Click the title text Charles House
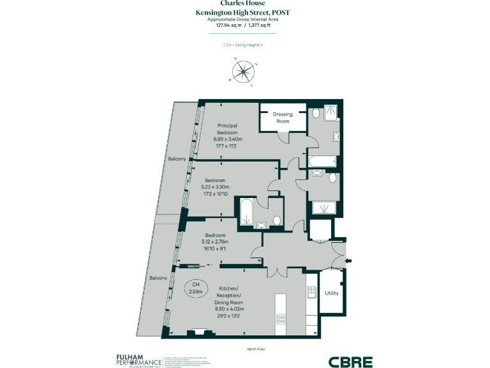tap(244, 3)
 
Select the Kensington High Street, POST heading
tap(244, 12)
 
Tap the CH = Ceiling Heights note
tap(244, 45)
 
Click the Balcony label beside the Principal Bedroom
tap(177, 158)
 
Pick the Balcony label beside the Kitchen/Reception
tap(158, 278)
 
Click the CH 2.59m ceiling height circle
tap(197, 287)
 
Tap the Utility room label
tap(332, 293)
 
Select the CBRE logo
tap(350, 362)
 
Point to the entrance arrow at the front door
tap(347, 260)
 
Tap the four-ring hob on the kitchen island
tap(281, 319)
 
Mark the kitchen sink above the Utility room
tap(311, 292)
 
